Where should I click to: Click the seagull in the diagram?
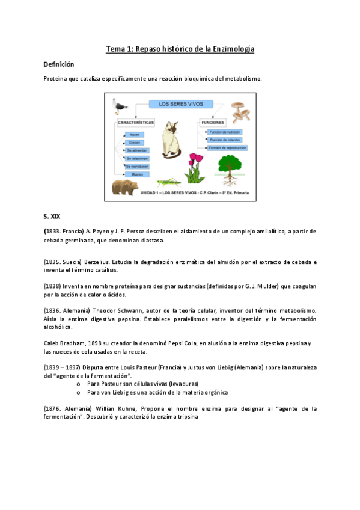pos(120,106)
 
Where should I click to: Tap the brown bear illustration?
pos(125,186)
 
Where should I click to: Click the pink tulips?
pos(195,166)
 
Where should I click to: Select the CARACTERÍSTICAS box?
pos(136,122)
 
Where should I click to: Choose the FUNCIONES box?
pos(213,122)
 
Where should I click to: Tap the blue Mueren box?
pos(136,174)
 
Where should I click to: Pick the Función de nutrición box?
pos(225,132)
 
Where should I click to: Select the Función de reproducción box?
pos(228,147)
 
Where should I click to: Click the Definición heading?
pos(58,64)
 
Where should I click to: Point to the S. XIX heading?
pos(53,215)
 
